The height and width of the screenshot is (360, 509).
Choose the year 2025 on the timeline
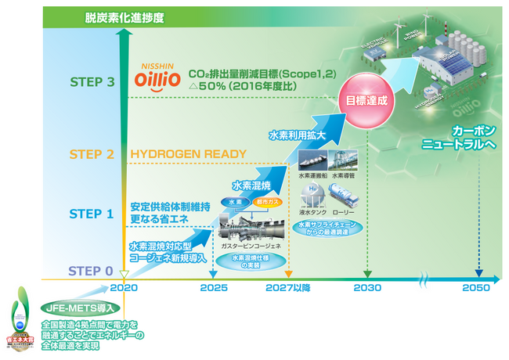point(214,287)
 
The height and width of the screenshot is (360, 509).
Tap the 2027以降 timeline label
point(287,287)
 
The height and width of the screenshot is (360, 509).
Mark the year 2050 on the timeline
point(476,287)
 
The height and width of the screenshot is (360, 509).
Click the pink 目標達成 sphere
point(368,101)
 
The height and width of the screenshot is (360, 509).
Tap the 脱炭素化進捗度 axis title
point(122,16)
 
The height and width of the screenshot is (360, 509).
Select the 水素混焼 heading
point(251,186)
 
